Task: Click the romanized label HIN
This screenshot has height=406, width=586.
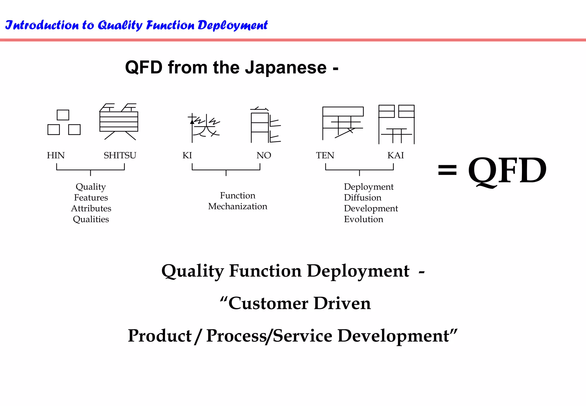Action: (56, 155)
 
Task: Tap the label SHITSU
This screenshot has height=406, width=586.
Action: (120, 155)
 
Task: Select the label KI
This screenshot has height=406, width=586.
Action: (187, 155)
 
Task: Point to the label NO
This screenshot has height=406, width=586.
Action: (264, 155)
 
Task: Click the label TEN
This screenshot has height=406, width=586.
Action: (325, 155)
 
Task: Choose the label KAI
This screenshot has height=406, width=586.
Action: (395, 155)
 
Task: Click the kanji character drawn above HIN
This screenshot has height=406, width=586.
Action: (64, 123)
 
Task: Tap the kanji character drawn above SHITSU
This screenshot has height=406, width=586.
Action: (119, 122)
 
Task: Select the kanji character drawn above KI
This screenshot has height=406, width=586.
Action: (204, 127)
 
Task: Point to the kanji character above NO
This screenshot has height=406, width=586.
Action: (265, 125)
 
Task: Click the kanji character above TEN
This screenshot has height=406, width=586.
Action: (343, 123)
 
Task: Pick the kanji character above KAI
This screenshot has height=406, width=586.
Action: (396, 124)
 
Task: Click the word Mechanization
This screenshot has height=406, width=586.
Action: (237, 206)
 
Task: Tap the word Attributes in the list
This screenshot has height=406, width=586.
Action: (91, 208)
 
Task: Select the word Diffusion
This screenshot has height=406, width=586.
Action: (363, 198)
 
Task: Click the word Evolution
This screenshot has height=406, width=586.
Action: (363, 219)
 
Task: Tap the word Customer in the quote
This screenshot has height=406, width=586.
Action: (268, 303)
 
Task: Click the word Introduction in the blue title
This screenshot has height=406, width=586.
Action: (42, 25)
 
